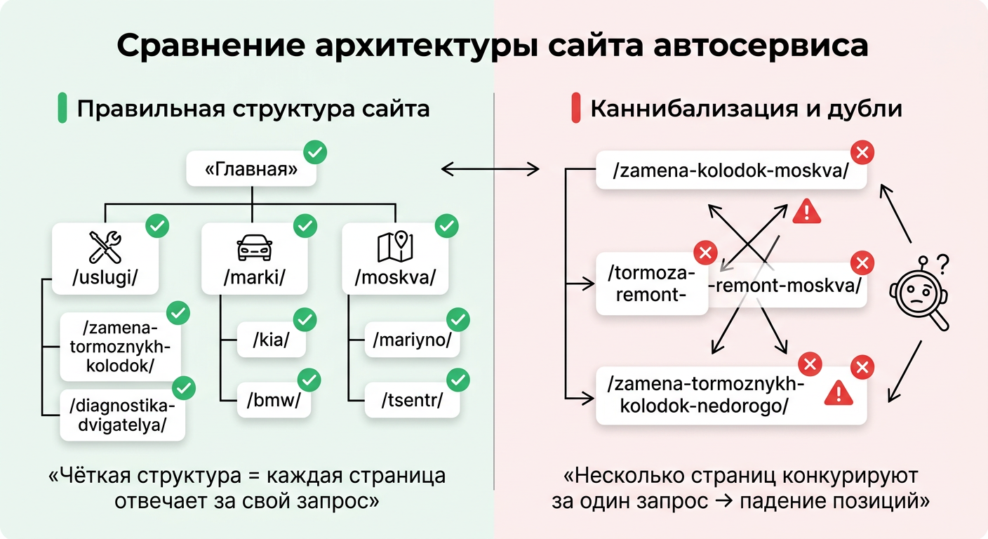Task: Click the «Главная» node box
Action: click(251, 170)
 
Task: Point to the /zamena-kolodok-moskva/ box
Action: click(730, 171)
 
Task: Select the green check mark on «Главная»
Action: click(315, 152)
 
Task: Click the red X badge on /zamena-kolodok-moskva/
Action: click(862, 152)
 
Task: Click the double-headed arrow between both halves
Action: click(490, 169)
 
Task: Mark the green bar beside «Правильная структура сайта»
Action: click(62, 109)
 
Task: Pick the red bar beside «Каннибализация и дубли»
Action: click(575, 109)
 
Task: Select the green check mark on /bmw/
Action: click(309, 380)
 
